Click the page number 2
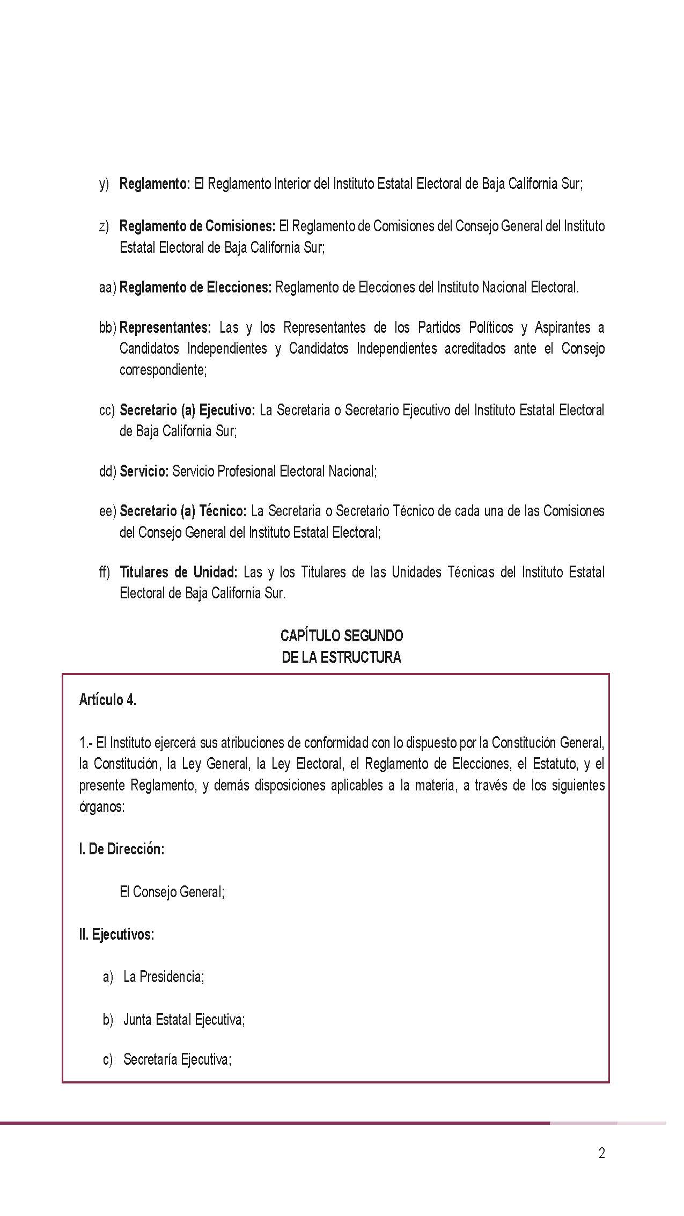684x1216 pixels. tap(601, 1153)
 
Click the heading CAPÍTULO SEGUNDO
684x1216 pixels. tap(342, 636)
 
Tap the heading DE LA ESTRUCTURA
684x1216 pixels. tap(342, 657)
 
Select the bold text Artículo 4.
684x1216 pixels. tap(108, 700)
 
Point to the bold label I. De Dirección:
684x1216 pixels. tap(122, 849)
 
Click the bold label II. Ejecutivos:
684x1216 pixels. tap(117, 934)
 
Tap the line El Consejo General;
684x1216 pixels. tap(172, 892)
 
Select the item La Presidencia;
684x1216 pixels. tap(164, 977)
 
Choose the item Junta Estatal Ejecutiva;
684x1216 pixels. tap(184, 1020)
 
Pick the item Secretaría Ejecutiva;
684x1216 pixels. tap(177, 1059)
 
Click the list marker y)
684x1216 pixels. tap(104, 184)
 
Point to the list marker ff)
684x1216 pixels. tap(105, 572)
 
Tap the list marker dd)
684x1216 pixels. tap(107, 471)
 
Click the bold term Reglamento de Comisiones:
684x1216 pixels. tap(197, 226)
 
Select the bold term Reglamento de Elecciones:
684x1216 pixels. tap(196, 288)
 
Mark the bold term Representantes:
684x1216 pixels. tap(165, 327)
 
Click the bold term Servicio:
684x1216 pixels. tap(144, 471)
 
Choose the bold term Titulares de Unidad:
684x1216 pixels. tap(178, 572)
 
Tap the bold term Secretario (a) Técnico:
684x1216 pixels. tap(183, 511)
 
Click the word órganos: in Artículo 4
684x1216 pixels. tap(102, 807)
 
